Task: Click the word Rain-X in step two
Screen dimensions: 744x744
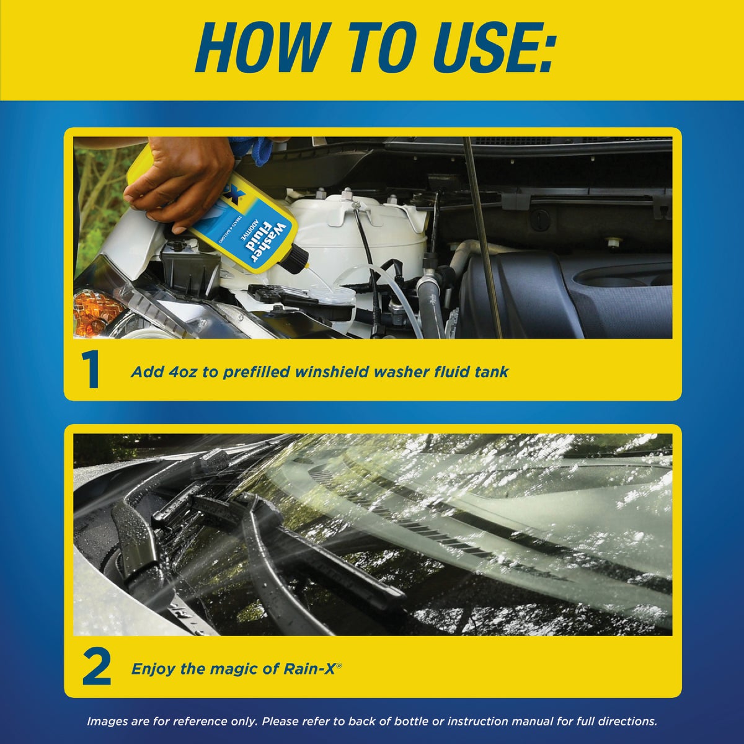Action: coord(309,669)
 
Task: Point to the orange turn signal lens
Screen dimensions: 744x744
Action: coord(97,312)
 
